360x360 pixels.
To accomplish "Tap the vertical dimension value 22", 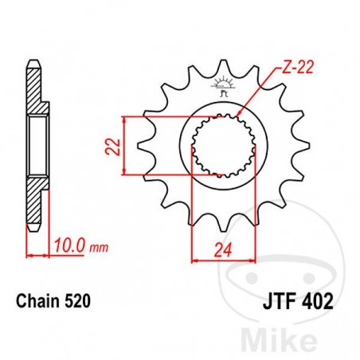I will [114, 144].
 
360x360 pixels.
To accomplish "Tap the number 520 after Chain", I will [78, 302].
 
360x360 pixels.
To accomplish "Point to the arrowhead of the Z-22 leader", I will [240, 115].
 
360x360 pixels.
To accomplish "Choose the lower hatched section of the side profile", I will [36, 199].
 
